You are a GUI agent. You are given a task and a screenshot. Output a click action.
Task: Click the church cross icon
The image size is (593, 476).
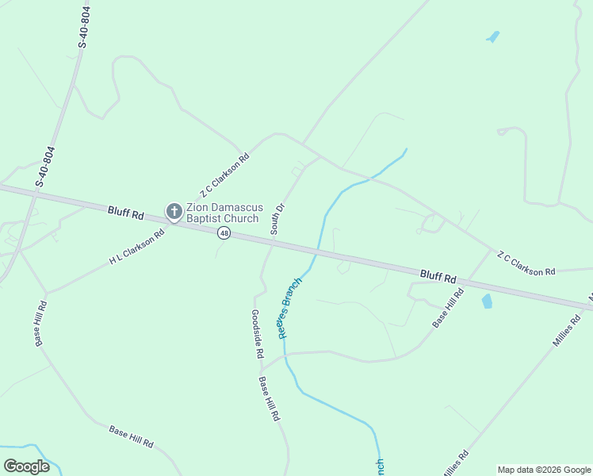(174, 211)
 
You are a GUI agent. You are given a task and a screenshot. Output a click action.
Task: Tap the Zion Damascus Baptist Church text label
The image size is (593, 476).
(222, 213)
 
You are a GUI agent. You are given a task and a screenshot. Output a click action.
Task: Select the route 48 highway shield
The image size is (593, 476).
(224, 233)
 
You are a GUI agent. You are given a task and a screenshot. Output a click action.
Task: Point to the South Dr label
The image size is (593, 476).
(277, 219)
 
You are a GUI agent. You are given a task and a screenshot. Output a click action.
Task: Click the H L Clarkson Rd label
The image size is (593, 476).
(136, 248)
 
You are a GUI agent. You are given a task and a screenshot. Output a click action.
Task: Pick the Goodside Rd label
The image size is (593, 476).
(257, 334)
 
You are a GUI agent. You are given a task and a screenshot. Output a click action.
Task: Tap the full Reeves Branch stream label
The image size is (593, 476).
(290, 307)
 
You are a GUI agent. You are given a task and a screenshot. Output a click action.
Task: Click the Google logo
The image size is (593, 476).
(27, 466)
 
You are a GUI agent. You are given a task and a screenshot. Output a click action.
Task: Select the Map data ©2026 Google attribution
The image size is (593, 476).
(544, 470)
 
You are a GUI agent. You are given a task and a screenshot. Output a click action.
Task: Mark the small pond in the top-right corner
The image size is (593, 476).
(493, 36)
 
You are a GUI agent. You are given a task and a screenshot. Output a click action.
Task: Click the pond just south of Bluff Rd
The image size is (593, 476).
(487, 301)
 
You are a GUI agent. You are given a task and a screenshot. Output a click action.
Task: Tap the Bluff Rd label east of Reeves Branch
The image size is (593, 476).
(438, 277)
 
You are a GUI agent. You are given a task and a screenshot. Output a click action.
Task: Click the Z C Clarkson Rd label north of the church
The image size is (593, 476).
(224, 175)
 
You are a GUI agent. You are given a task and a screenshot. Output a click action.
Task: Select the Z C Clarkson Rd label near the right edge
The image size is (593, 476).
(526, 263)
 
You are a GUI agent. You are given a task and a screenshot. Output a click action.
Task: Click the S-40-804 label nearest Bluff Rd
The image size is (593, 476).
(45, 167)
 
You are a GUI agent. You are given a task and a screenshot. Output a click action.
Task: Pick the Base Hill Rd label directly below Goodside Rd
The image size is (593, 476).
(269, 399)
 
